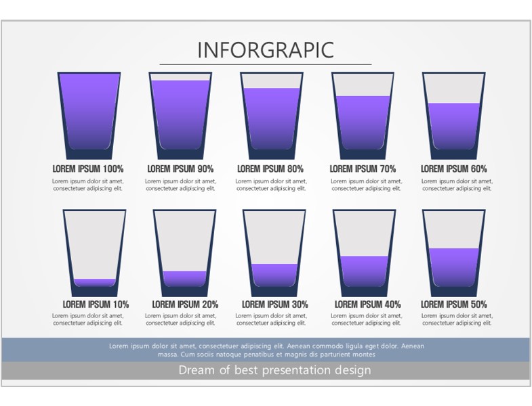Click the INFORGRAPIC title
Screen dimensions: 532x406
coord(266,50)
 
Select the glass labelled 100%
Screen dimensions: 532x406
coord(89,116)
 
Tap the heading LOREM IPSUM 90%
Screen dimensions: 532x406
coord(180,168)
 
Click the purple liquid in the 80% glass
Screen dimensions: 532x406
coord(272,118)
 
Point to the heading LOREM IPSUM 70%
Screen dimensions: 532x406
coord(363,168)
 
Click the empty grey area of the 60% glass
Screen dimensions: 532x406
coord(453,89)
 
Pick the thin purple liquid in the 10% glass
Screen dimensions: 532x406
coord(95,282)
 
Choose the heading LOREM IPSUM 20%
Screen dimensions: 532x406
coord(185,304)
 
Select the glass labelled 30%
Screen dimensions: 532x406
coord(274,253)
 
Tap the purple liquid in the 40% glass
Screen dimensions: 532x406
coord(364,271)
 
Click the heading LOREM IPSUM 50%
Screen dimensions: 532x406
coord(454,304)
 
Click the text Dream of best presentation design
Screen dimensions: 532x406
coord(275,370)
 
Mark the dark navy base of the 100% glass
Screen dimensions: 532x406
coord(89,154)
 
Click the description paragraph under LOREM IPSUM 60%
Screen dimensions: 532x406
coord(457,185)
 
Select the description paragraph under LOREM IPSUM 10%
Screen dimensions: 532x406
coord(88,319)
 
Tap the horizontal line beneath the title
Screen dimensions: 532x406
coord(266,64)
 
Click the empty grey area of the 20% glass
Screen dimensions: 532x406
coord(184,242)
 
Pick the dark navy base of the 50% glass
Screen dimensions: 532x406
coord(453,292)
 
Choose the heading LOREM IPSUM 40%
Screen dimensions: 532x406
coord(367,304)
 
